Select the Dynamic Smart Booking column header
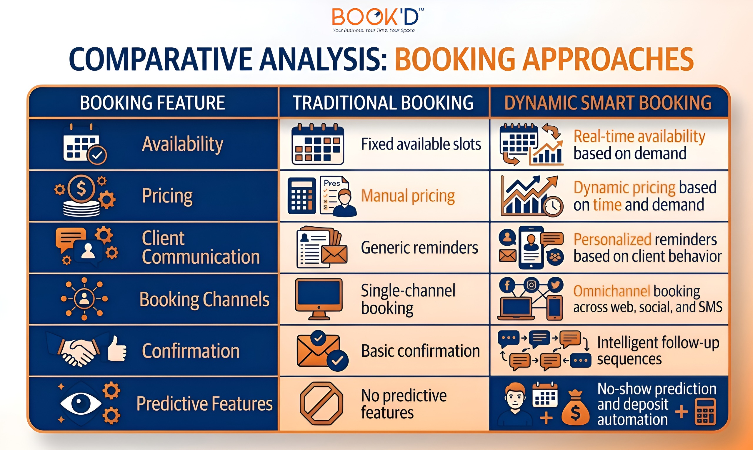pyautogui.click(x=608, y=102)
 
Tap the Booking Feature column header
pyautogui.click(x=152, y=102)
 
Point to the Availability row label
pyautogui.click(x=182, y=144)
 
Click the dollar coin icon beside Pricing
pyautogui.click(x=81, y=189)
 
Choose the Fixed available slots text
pyautogui.click(x=421, y=144)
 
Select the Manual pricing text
pyautogui.click(x=408, y=196)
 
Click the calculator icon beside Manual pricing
pyautogui.click(x=301, y=196)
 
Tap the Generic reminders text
pyautogui.click(x=419, y=248)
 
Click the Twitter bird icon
pyautogui.click(x=555, y=285)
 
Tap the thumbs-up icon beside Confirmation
pyautogui.click(x=117, y=349)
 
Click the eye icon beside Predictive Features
pyautogui.click(x=80, y=403)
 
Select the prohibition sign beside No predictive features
pyautogui.click(x=321, y=403)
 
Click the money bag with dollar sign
pyautogui.click(x=575, y=408)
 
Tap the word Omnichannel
pyautogui.click(x=612, y=291)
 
